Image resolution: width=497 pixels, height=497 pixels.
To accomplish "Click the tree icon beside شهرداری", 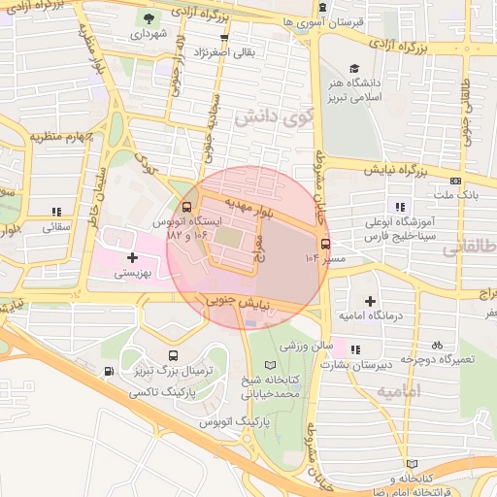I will pyautogui.click(x=148, y=18).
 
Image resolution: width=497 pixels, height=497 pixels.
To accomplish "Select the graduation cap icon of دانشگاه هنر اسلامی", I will pyautogui.click(x=354, y=69).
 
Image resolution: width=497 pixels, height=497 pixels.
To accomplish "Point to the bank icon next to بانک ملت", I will pyautogui.click(x=455, y=180).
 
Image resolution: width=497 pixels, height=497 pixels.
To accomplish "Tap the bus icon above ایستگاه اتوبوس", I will pyautogui.click(x=186, y=208).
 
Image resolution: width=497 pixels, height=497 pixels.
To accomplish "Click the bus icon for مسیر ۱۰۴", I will pyautogui.click(x=324, y=245).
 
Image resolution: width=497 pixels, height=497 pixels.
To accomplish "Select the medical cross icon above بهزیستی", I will pyautogui.click(x=132, y=258).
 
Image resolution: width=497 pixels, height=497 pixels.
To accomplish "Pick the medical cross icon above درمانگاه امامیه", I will pyautogui.click(x=370, y=301).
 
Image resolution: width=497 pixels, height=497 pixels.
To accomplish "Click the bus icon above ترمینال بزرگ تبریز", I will pyautogui.click(x=173, y=356).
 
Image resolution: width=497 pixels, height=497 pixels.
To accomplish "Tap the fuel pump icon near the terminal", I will pyautogui.click(x=108, y=370).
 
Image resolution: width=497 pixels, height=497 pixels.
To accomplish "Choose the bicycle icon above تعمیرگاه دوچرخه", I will pyautogui.click(x=437, y=344).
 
